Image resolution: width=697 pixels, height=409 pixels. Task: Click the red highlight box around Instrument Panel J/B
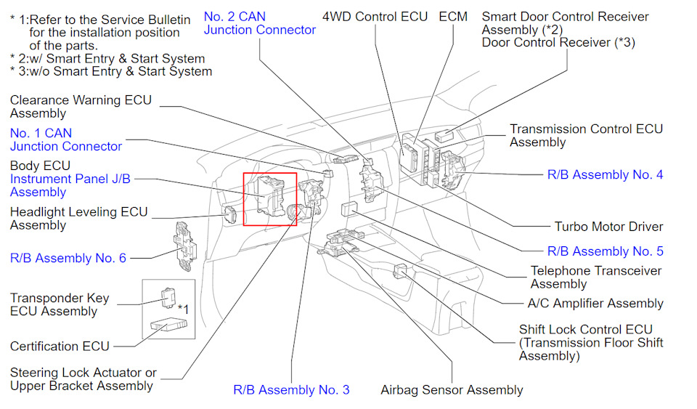pos(269,199)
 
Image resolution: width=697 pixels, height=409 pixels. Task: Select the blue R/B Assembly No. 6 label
pos(68,258)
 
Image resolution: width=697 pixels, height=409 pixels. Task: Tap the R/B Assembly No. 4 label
pos(604,174)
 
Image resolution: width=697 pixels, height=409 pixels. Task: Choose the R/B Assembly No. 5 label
pos(604,251)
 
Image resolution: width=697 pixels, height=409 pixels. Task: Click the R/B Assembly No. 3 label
pos(291,390)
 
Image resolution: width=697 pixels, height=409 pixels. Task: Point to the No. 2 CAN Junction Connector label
pos(259,23)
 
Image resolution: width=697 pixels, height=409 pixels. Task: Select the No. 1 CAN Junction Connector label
pos(66,139)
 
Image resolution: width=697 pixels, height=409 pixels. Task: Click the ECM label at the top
pos(453,16)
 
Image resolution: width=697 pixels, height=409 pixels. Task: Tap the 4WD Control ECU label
pos(375,16)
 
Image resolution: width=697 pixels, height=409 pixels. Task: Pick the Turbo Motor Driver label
pos(608,227)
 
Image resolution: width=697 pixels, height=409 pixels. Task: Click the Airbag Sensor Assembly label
pos(452,390)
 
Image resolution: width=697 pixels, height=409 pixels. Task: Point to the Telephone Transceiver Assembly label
pos(595,278)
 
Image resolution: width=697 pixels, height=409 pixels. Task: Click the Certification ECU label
pos(60,347)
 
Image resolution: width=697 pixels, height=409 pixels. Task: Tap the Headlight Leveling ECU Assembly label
pos(78,219)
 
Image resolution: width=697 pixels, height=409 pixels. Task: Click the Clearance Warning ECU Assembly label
pos(81,107)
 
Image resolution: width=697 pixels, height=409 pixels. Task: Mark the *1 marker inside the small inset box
pos(184,309)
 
